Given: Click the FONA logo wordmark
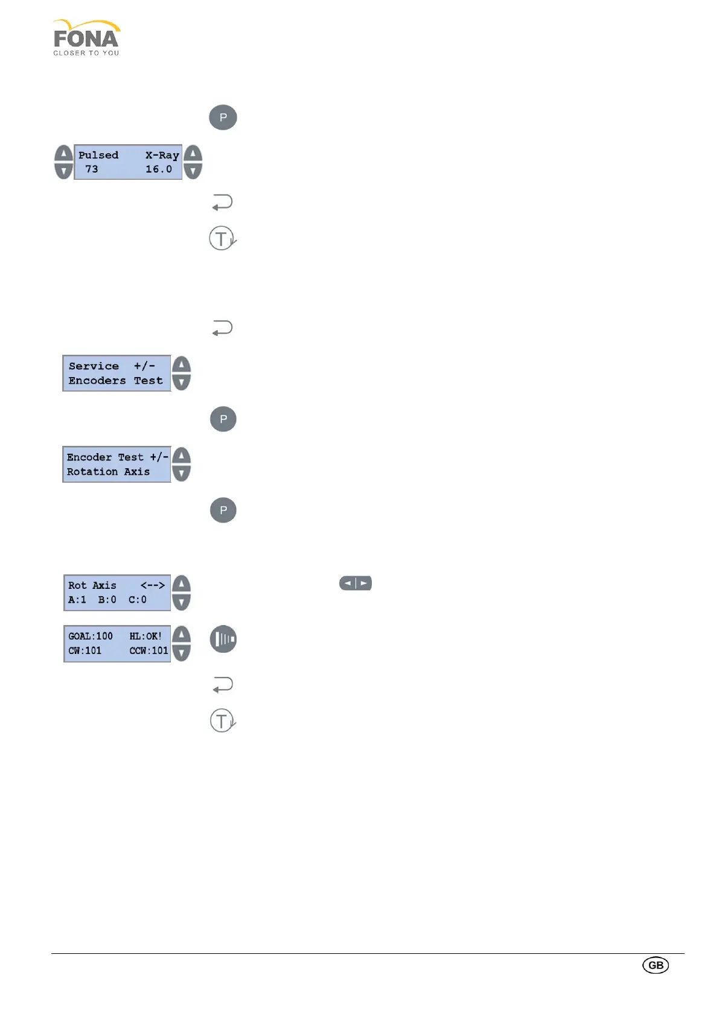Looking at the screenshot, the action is point(86,39).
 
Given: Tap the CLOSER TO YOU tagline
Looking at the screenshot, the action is point(86,53).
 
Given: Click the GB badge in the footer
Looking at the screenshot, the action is point(656,965).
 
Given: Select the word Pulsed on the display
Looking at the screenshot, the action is point(98,155).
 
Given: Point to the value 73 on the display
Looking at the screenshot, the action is point(92,170).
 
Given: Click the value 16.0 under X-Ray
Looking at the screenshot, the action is point(159,170).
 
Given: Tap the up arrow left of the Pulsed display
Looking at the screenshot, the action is point(63,154).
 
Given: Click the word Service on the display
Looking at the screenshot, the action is point(94,366).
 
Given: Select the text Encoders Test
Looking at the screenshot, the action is point(115,381).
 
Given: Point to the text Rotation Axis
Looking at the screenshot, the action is point(108,472).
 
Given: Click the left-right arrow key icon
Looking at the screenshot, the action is point(356,583).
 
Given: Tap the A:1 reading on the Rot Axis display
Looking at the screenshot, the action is point(77,600).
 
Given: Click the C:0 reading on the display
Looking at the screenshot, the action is point(138,600).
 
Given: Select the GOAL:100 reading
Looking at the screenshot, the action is point(91,636).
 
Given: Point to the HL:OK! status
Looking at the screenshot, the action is point(145,636).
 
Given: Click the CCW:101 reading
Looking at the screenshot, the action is point(149,650).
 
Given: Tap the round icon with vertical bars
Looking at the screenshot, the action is point(223,640).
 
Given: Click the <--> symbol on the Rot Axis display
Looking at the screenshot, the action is point(153,585).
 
